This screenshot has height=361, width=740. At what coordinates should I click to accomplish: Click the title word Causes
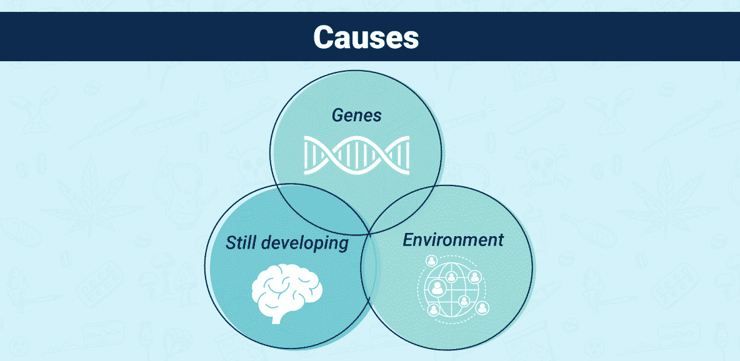click(x=366, y=37)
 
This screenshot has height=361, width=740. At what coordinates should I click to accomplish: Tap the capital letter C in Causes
click(x=324, y=37)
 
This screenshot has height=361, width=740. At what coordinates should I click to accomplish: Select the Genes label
click(x=356, y=116)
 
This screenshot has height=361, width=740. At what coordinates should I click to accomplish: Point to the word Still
click(x=241, y=242)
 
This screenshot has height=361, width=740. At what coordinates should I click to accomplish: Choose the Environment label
click(x=453, y=240)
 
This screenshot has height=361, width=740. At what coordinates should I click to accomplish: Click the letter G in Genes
click(x=338, y=116)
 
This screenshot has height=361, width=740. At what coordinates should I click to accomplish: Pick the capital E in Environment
click(x=408, y=240)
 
